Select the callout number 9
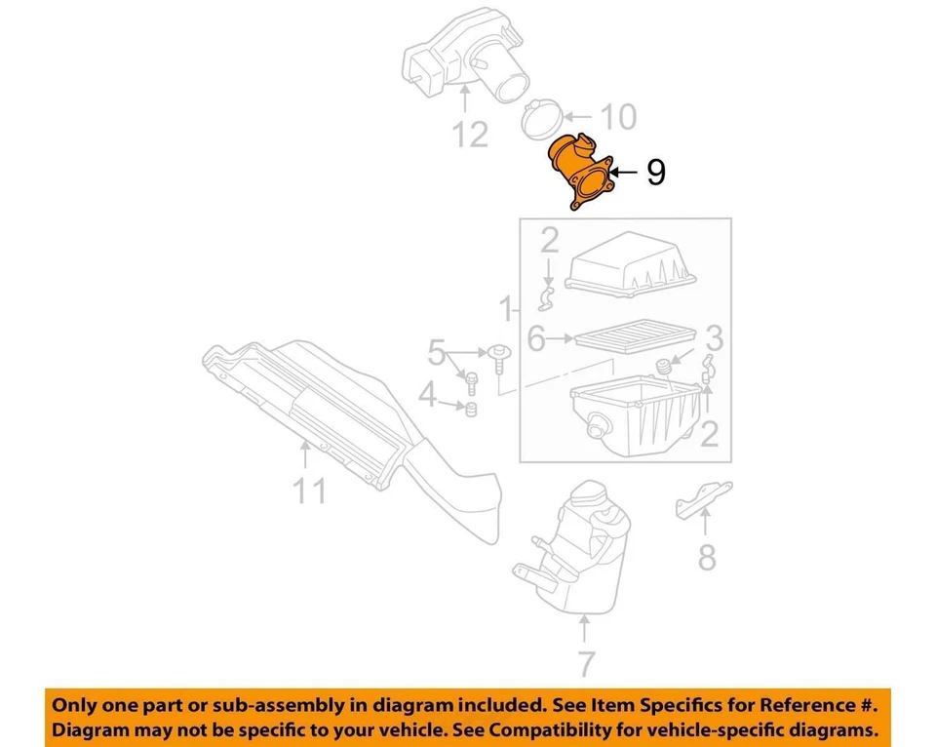coord(655,173)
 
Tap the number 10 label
coord(616,118)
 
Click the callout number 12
coord(470,134)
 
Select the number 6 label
coord(536,339)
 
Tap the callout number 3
coord(714,339)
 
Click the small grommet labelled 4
coord(469,410)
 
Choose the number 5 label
coord(436,350)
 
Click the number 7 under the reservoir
coord(584,664)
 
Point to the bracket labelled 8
coord(700,500)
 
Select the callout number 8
coord(707,558)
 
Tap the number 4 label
coord(426,396)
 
